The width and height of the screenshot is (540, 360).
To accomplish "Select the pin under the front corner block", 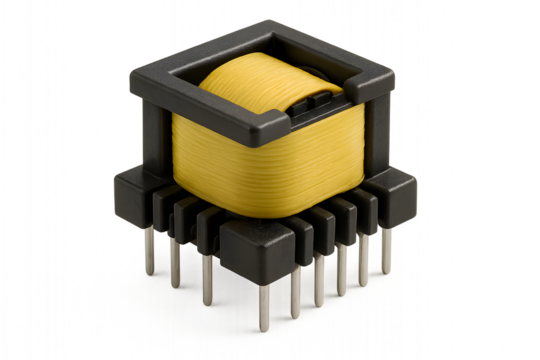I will (x=264, y=304).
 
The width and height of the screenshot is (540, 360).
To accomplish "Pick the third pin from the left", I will (x=207, y=281).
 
